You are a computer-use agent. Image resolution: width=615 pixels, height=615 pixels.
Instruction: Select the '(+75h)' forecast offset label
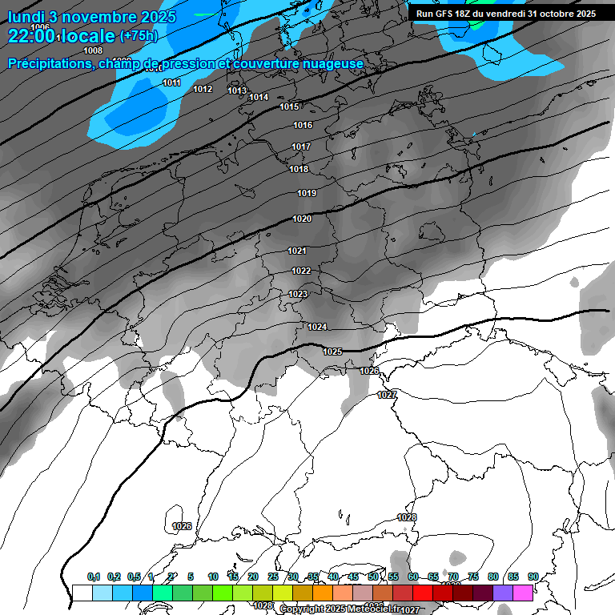[x=139, y=36]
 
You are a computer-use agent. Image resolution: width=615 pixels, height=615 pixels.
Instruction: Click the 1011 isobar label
[x=171, y=83]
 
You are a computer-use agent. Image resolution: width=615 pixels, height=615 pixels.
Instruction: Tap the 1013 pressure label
[x=237, y=90]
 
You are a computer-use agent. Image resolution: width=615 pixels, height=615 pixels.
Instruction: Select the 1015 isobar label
[x=289, y=107]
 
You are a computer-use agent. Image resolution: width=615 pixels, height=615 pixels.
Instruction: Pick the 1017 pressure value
[x=301, y=147]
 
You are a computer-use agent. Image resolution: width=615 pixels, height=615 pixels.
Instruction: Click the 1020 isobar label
[x=302, y=219]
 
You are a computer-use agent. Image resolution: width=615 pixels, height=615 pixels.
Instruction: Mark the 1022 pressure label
[x=301, y=271]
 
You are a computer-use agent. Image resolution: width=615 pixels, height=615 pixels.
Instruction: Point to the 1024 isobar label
[x=317, y=327]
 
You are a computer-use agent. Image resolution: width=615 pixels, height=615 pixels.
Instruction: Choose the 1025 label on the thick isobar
[x=332, y=352]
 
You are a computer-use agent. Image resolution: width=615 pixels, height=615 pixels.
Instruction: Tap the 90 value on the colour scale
[x=533, y=577]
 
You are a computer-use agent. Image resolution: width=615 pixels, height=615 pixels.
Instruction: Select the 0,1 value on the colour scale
[x=94, y=577]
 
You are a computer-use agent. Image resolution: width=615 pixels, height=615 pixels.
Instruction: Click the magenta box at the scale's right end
[x=523, y=593]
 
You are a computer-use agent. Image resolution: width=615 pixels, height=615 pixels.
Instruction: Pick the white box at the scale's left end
[x=82, y=593]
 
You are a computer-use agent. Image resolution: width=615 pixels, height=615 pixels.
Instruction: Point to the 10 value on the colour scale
[x=212, y=577]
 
